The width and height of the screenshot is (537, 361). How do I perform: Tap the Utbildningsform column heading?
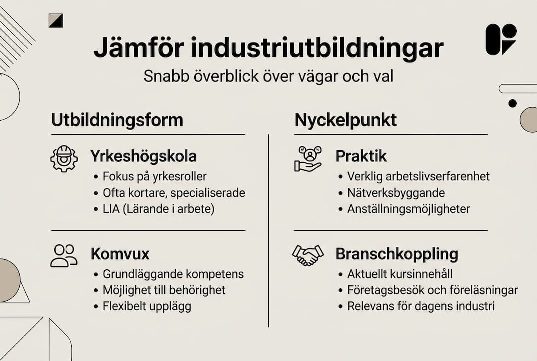pos(117,120)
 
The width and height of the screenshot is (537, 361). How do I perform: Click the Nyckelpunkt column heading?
pos(346,120)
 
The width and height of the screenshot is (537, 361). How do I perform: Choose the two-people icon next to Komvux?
pos(64,255)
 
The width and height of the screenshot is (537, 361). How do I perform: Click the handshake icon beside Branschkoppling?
pos(307,255)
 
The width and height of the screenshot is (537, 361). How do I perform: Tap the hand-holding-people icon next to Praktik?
pos(308,159)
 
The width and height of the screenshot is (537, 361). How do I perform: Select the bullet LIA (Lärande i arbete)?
pos(158,208)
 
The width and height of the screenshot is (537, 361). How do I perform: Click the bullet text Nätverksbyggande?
pos(396,193)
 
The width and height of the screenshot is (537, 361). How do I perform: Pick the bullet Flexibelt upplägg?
pos(147,306)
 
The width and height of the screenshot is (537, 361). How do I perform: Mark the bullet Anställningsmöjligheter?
pos(409,209)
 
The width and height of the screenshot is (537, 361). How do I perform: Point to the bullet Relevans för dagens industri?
pos(421,306)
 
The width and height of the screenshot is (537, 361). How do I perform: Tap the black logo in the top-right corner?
pos(501,39)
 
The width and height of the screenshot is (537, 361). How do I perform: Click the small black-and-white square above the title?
pos(56,21)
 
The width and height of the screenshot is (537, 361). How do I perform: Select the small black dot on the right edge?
pos(512,103)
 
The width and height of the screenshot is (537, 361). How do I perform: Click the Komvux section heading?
pos(120,254)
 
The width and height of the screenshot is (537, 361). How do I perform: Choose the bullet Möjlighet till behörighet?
pos(164,290)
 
